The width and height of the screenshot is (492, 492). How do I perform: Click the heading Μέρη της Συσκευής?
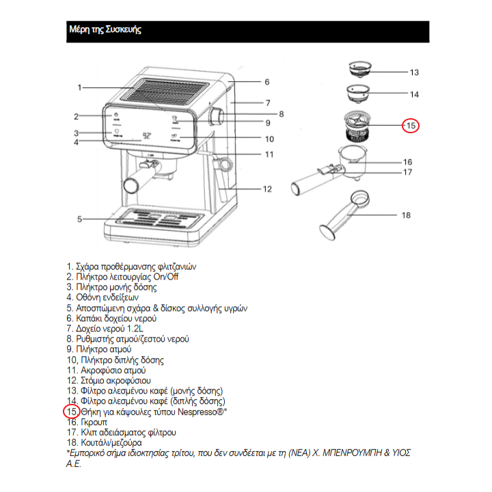105,30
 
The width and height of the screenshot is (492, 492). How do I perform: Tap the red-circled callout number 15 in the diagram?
410,125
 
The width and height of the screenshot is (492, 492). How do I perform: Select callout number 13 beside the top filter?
414,72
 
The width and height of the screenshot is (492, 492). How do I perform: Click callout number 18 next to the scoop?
406,215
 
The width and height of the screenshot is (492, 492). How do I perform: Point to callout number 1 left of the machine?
79,87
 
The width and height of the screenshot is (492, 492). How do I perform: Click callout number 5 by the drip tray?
79,219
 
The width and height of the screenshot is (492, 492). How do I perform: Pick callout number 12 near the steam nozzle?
267,189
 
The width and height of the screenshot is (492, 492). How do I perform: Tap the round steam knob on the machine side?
217,116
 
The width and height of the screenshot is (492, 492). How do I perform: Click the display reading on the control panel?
146,135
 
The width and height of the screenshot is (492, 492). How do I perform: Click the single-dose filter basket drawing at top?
359,68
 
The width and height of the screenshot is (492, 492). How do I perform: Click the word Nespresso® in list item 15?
202,412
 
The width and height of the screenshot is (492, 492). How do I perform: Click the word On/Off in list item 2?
164,276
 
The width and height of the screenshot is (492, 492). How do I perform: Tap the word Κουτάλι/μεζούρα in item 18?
113,443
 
